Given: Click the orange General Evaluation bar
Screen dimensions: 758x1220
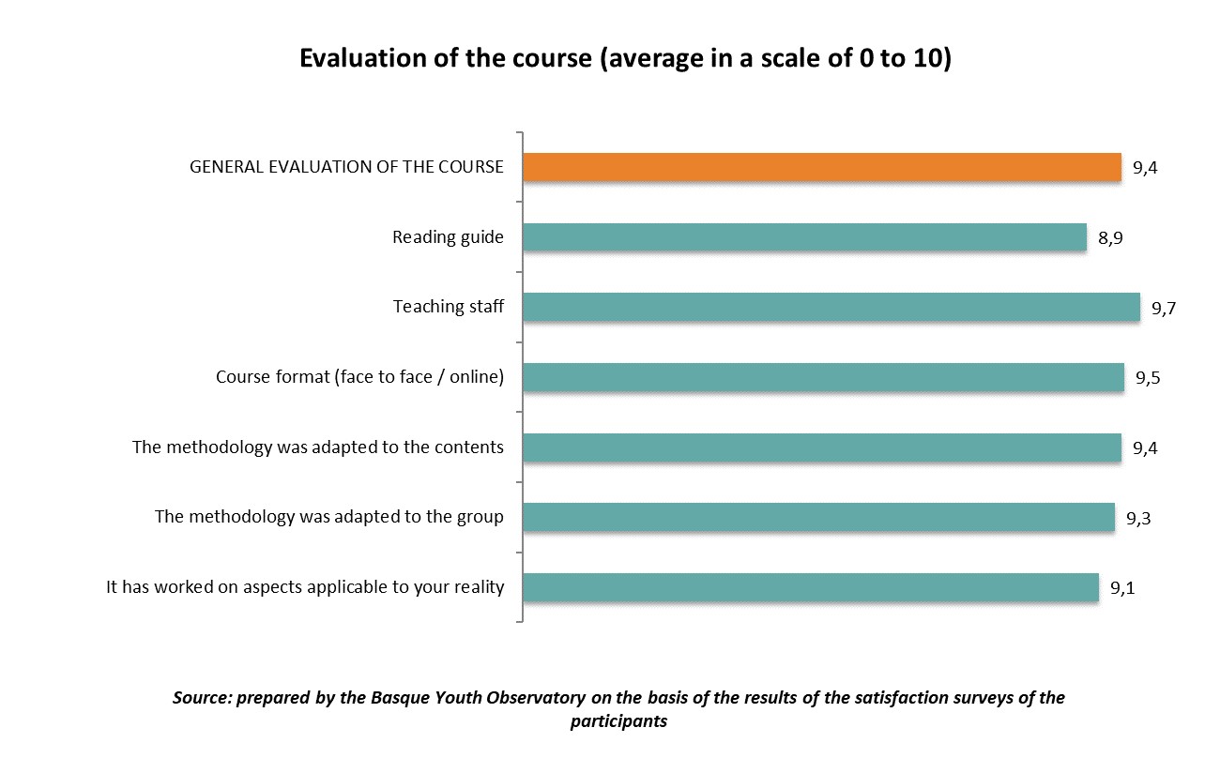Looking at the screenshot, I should [x=821, y=167].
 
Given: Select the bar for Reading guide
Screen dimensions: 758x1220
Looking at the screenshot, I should [x=804, y=237].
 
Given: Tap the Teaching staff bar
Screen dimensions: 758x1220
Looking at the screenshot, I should [x=831, y=308].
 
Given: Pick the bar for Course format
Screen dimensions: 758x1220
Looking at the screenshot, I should [x=823, y=377].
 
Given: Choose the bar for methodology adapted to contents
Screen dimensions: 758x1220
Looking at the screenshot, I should [x=821, y=447].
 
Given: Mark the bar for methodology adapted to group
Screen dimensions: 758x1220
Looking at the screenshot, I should [x=818, y=517].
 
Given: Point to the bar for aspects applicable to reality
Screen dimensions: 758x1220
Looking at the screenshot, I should [x=810, y=587].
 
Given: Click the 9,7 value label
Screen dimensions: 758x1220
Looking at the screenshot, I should [x=1164, y=309].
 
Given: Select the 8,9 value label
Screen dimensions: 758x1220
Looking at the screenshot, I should [x=1110, y=238].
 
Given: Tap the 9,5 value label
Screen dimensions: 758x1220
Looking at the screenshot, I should [x=1149, y=378].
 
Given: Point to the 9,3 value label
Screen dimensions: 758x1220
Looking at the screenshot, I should [x=1138, y=518].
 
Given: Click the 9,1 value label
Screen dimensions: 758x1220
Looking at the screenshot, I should [x=1123, y=588].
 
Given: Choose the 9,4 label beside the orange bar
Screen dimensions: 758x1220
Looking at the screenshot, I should [x=1145, y=169].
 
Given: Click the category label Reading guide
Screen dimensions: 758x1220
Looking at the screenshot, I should [x=448, y=237].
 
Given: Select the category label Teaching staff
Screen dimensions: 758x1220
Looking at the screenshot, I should [x=449, y=307].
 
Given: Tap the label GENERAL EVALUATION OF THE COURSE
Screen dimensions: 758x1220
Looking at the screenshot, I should [x=346, y=167].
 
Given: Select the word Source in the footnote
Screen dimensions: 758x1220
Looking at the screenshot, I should [x=202, y=698].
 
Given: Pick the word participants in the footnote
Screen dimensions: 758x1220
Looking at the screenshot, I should [x=618, y=721].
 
